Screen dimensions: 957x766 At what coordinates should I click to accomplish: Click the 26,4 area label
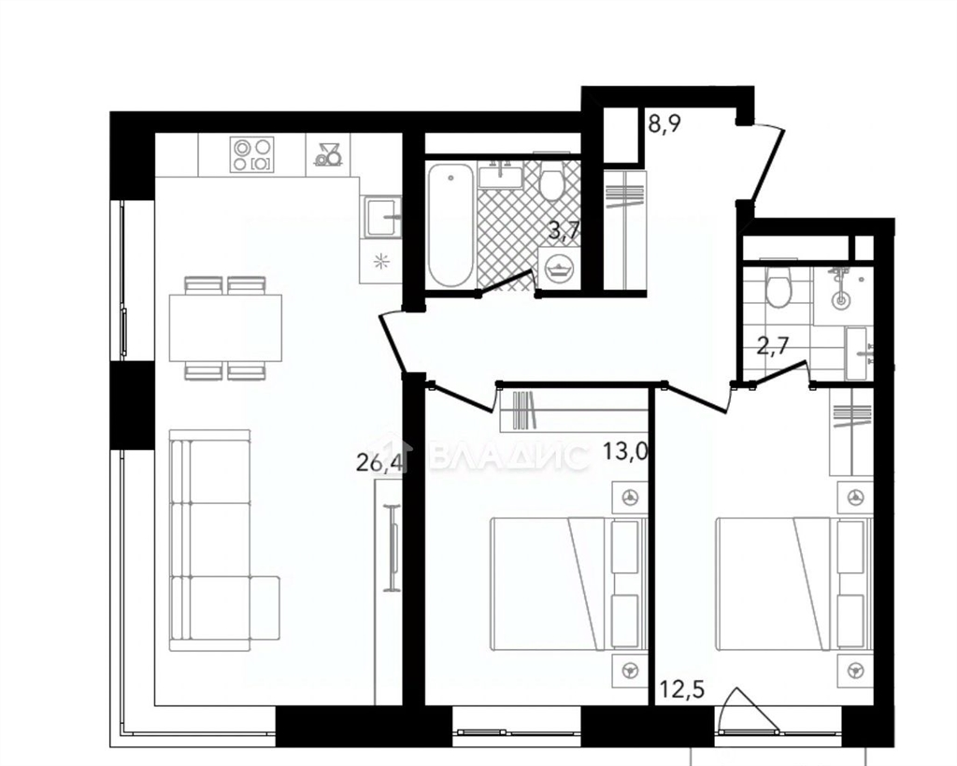tap(379, 463)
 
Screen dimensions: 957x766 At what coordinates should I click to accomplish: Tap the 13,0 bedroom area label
tap(625, 452)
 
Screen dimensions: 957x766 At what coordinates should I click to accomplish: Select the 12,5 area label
tap(683, 690)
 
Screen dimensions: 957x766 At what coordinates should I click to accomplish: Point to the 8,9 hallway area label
tap(664, 124)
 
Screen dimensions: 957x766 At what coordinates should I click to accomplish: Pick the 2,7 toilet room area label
tap(773, 346)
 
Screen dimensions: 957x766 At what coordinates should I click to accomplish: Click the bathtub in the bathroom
tap(450, 224)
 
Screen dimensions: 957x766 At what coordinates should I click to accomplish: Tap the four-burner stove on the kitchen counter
tap(252, 154)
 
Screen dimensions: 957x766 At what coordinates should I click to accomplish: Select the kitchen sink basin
tap(383, 216)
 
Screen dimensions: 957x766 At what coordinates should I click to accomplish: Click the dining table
tap(226, 328)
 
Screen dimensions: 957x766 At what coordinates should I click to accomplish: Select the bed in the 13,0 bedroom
tap(569, 584)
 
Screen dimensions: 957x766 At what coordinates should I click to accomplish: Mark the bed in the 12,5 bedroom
tap(794, 584)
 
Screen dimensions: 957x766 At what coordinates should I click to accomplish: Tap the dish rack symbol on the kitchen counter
tap(328, 154)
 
